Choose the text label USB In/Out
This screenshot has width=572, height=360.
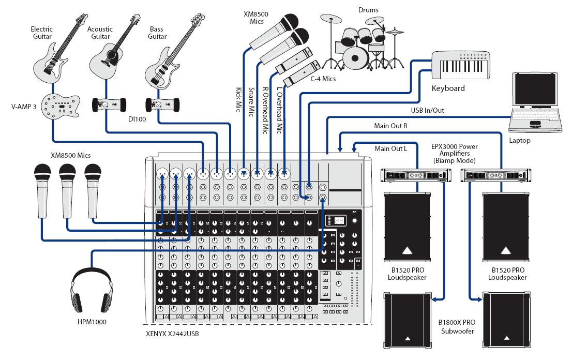click(427, 110)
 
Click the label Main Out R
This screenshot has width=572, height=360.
click(391, 126)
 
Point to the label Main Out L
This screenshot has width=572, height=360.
click(391, 149)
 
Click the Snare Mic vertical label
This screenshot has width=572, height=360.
click(252, 101)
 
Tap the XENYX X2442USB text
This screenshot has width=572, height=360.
click(172, 334)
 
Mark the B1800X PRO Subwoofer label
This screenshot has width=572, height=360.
click(457, 326)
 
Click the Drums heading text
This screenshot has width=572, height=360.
click(368, 10)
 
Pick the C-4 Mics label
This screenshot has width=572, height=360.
click(323, 79)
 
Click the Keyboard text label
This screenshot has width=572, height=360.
click(448, 88)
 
